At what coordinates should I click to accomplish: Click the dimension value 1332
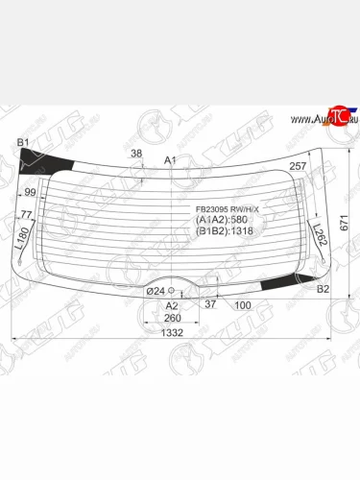tap(173, 331)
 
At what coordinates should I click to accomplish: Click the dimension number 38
tap(136, 154)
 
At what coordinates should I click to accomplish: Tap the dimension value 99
tap(30, 192)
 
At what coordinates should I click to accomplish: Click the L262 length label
tap(321, 234)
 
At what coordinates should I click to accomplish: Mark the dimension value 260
tap(172, 318)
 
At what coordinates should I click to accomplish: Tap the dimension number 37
tap(209, 304)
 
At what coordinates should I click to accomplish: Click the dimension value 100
tap(243, 305)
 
